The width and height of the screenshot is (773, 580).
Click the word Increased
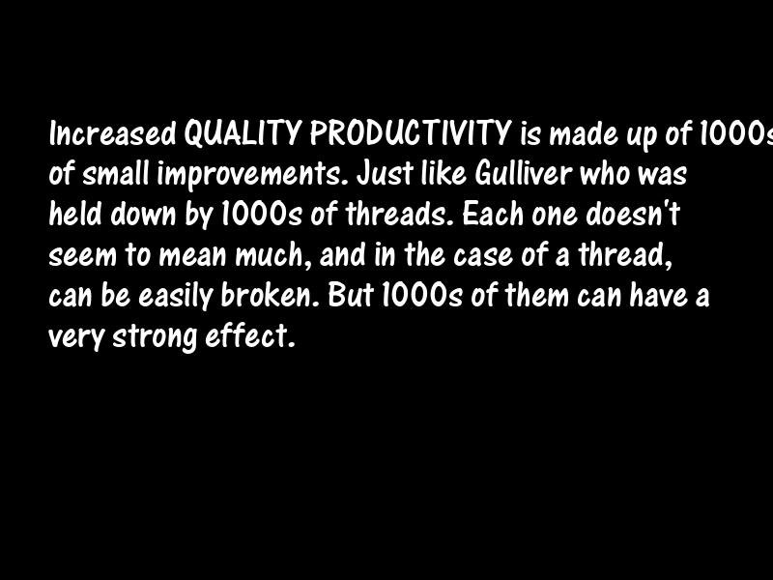click(113, 132)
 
